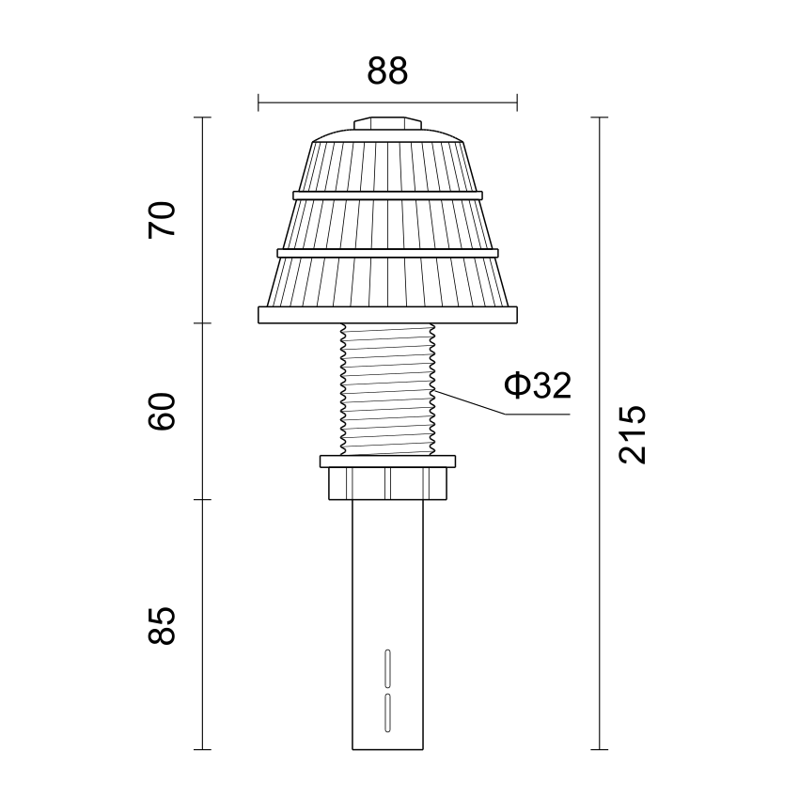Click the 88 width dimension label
pyautogui.click(x=387, y=70)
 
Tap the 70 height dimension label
pyautogui.click(x=162, y=220)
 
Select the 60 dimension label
pyautogui.click(x=162, y=411)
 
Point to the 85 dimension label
pyautogui.click(x=162, y=626)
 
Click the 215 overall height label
pyautogui.click(x=632, y=434)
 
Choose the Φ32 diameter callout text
pyautogui.click(x=538, y=385)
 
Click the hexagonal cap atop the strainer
pyautogui.click(x=388, y=123)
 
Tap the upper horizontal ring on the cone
pyautogui.click(x=388, y=196)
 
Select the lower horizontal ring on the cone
pyautogui.click(x=388, y=253)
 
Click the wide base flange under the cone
pyautogui.click(x=388, y=315)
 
